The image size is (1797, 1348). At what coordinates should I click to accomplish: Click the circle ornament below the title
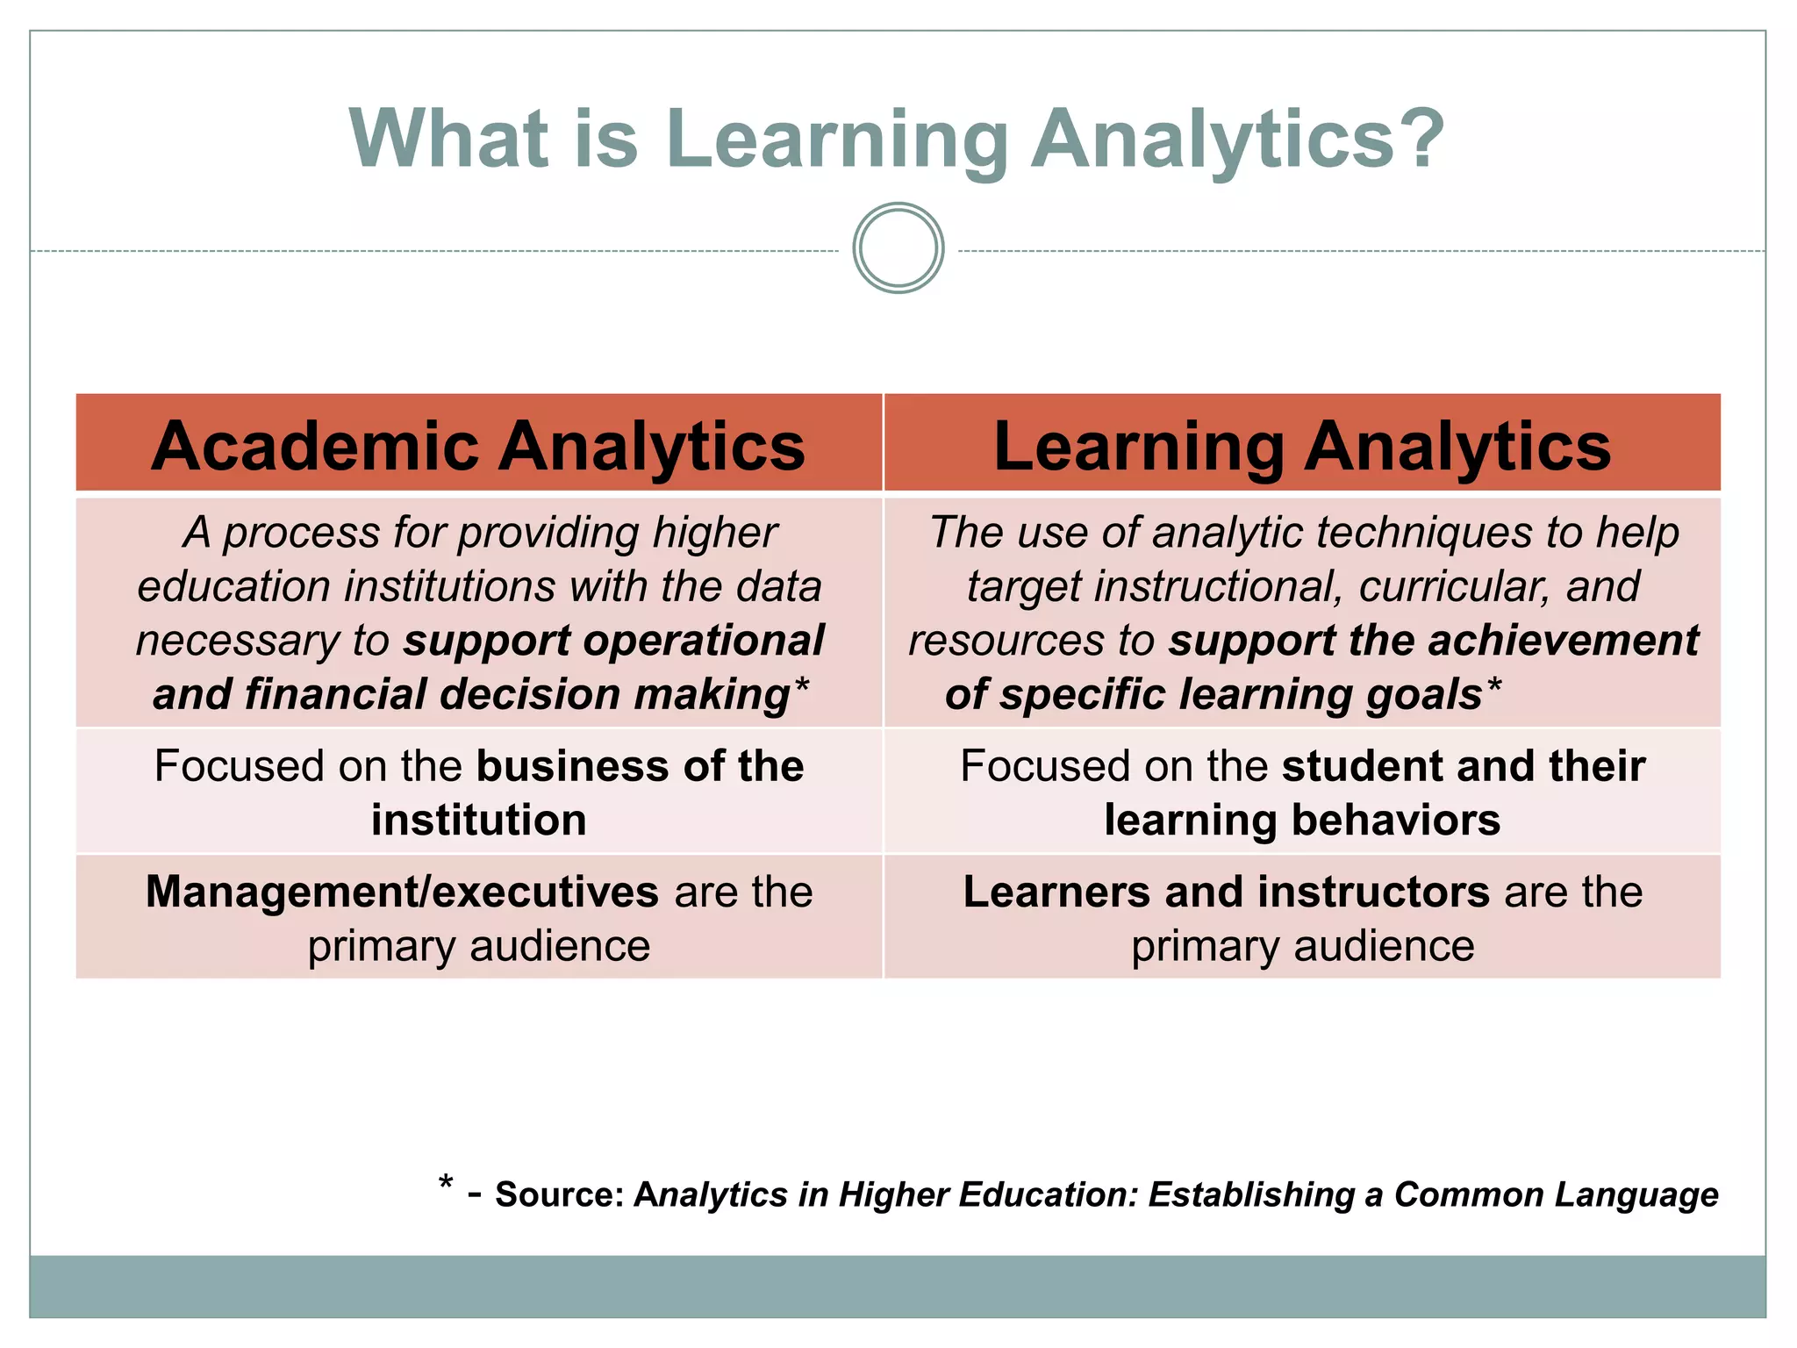tap(898, 248)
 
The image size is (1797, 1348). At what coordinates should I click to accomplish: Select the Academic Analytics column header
tap(478, 446)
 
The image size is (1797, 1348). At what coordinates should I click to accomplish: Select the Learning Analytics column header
tap(1302, 446)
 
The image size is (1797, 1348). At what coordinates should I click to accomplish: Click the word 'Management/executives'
tap(402, 892)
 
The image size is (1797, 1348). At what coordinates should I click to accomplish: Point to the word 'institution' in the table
tap(478, 821)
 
